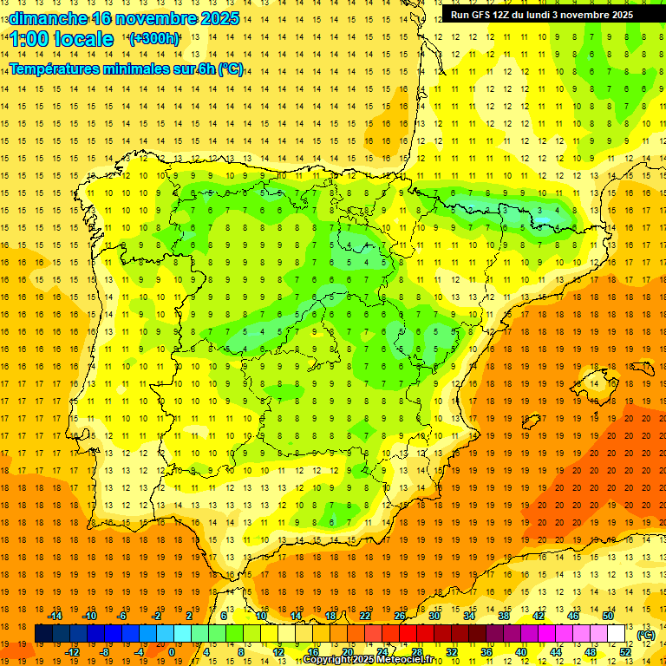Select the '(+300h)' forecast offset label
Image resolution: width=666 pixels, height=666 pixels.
[153, 39]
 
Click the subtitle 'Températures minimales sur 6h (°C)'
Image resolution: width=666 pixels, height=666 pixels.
[127, 69]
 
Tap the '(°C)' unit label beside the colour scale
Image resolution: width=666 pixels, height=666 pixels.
[646, 635]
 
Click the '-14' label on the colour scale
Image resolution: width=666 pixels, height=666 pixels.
[55, 616]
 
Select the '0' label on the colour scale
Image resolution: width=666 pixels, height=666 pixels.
[172, 652]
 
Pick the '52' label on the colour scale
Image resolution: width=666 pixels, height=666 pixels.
[625, 652]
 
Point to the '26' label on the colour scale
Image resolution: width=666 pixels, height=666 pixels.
[400, 616]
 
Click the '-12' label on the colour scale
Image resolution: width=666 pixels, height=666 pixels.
[72, 652]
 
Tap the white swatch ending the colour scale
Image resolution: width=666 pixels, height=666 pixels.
[617, 634]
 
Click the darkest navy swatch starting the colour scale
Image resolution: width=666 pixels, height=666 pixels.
[43, 634]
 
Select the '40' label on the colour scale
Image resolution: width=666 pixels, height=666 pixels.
[521, 652]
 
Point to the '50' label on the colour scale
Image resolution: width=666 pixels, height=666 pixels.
[608, 616]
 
